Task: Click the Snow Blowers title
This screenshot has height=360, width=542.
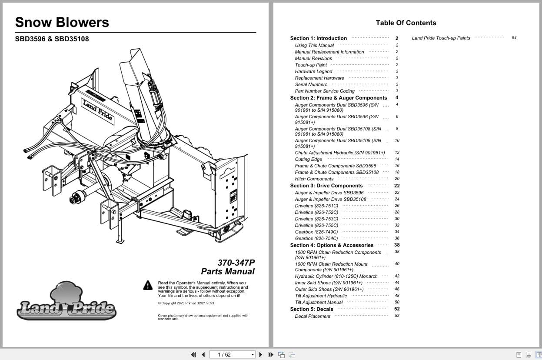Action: [62, 22]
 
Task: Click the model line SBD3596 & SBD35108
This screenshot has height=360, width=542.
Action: [52, 39]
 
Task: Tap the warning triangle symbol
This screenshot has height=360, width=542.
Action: [148, 285]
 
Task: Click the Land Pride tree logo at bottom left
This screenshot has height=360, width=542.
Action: [67, 301]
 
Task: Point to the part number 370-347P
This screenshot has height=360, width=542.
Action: [236, 263]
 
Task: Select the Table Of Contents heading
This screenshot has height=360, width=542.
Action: [406, 23]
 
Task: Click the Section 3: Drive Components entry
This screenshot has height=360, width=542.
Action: [326, 186]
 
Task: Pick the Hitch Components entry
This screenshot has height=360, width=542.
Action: [314, 179]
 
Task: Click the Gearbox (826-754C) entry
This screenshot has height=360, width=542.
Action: [316, 238]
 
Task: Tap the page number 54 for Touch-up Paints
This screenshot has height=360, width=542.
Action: [514, 38]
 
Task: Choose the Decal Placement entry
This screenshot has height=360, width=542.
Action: [313, 316]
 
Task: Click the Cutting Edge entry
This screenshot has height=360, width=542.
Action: [308, 159]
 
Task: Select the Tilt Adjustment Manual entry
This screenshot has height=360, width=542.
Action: [319, 302]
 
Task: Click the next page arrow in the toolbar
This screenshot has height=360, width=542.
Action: [261, 355]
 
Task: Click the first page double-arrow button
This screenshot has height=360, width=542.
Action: [193, 355]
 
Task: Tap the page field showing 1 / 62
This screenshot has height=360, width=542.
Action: [232, 355]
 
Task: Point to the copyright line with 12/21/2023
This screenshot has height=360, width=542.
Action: [186, 303]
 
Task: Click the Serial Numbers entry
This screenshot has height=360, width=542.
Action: [311, 84]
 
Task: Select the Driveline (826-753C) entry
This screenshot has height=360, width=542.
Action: [316, 219]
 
